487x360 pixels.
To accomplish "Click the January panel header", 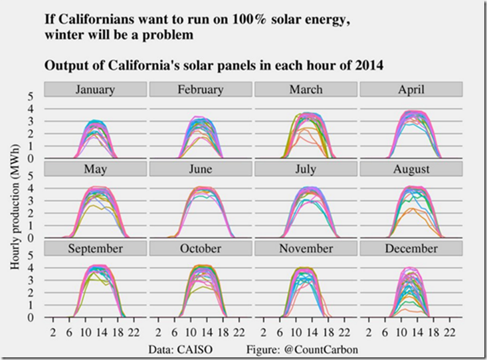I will (95, 90).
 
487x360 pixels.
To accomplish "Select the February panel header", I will (200, 90).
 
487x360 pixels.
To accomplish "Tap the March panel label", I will (306, 90).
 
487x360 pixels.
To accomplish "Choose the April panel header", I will (411, 90).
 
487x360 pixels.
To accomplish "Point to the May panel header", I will (95, 169).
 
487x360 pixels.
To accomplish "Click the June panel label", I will (200, 169).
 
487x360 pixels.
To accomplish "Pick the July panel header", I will (306, 169).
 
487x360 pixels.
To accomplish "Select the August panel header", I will (411, 169).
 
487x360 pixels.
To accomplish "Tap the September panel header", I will (95, 248).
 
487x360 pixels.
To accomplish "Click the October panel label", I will (200, 248).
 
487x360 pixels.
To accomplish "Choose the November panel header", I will (306, 248).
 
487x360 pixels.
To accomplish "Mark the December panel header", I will (411, 248).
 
